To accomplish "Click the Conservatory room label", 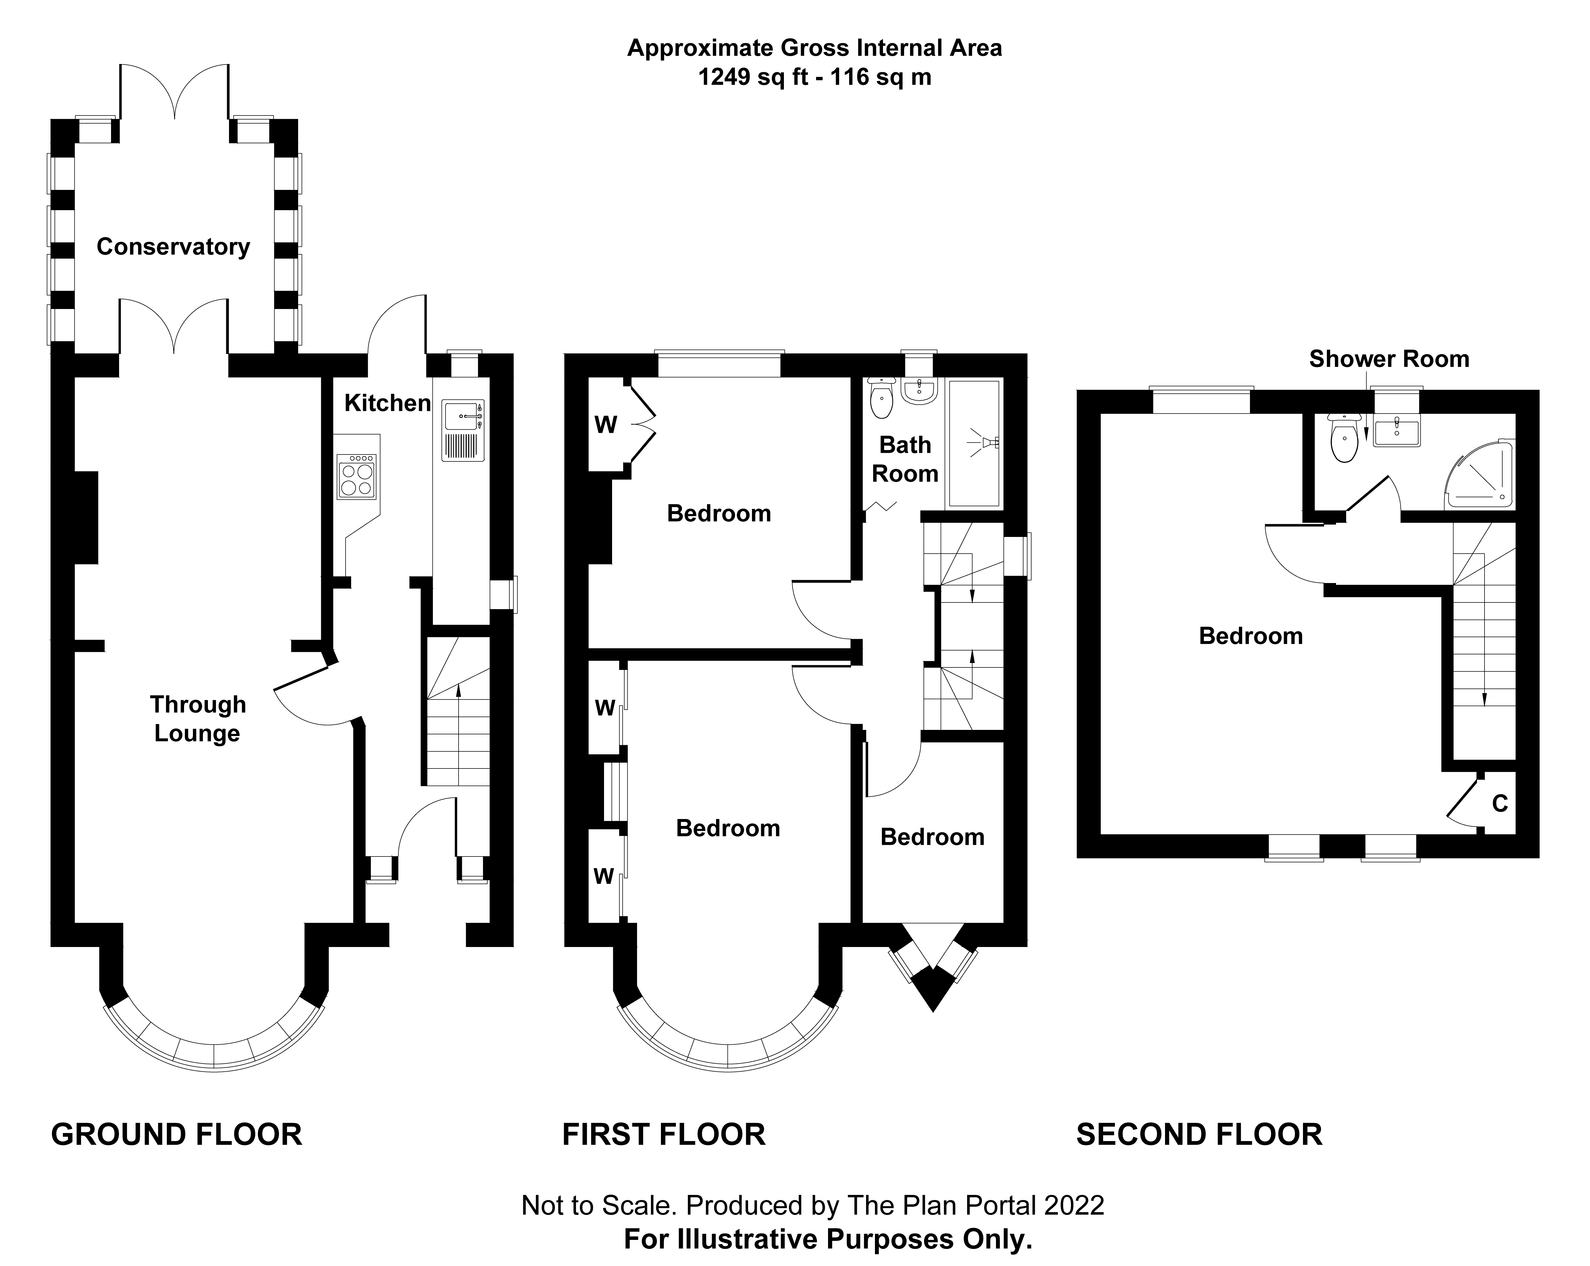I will point(173,247).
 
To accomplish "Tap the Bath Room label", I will point(905,459).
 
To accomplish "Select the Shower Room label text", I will point(1389,359).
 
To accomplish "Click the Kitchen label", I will point(387,403).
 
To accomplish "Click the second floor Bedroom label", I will point(1251,636).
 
